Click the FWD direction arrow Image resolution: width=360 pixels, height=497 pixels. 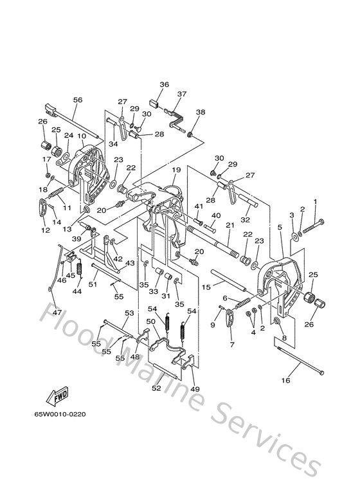(58, 395)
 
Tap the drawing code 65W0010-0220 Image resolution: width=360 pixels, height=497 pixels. (60, 414)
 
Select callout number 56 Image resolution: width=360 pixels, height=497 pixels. (78, 100)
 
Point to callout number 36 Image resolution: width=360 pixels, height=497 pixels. (164, 84)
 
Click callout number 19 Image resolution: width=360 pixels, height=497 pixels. (177, 170)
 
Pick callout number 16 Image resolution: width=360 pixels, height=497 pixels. (286, 380)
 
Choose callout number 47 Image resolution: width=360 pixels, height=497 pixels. (57, 312)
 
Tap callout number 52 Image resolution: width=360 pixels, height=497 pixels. (156, 388)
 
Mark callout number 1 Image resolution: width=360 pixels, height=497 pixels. (315, 202)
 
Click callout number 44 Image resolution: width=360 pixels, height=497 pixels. (77, 291)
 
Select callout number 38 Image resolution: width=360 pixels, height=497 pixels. (201, 112)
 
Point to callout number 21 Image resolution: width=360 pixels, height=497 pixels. (230, 225)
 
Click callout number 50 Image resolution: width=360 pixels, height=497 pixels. (151, 321)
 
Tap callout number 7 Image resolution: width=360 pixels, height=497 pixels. (232, 345)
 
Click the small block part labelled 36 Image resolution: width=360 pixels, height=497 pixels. (154, 104)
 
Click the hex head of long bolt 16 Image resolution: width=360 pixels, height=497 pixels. (321, 373)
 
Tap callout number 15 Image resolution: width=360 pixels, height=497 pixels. (206, 287)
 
